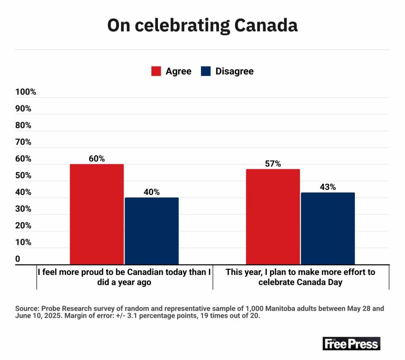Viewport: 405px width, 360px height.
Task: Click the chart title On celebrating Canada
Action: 202,25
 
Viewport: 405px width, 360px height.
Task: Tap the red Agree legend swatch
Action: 156,71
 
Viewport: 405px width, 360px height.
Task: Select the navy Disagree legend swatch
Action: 206,71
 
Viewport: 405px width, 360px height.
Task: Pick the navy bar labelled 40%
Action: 151,231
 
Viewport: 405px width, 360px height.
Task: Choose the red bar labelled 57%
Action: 273,217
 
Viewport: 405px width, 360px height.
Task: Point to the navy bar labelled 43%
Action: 328,229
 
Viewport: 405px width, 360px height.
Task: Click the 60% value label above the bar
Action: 97,159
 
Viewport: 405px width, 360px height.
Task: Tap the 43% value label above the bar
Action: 328,187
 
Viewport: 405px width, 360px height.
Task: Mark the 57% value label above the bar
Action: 273,164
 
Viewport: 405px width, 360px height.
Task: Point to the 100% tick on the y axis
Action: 26,92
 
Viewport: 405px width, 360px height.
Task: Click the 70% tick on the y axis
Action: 23,142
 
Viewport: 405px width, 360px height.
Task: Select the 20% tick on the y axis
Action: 23,225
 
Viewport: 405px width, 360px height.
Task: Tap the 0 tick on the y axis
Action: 18,259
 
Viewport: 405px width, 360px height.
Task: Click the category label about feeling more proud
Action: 124,277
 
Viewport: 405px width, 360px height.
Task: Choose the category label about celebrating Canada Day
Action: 301,277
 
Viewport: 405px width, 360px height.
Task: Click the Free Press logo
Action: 351,343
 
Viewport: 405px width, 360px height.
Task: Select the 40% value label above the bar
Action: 151,192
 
